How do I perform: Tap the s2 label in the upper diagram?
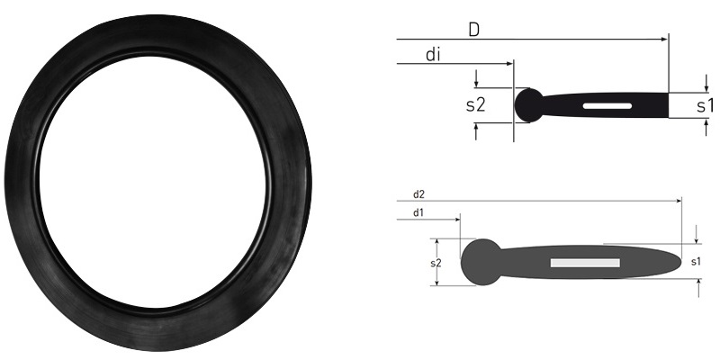click(475, 104)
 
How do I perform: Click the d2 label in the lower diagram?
click(419, 193)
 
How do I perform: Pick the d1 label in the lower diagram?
click(419, 213)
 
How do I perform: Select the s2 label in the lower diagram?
click(436, 262)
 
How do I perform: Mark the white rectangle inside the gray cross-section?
click(585, 263)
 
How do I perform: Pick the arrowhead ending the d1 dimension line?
click(457, 219)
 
